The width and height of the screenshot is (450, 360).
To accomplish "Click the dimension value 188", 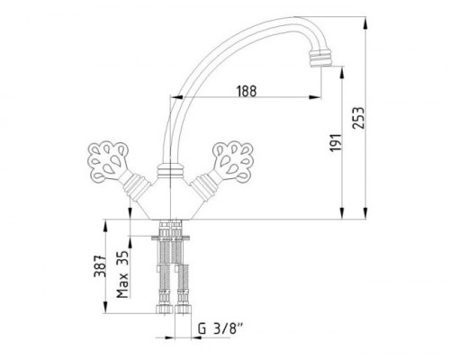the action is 247,91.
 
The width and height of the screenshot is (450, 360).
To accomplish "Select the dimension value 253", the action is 358,118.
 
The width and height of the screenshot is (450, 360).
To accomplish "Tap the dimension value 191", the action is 336,142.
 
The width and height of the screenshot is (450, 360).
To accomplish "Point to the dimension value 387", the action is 100,266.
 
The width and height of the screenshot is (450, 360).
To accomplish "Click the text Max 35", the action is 122,274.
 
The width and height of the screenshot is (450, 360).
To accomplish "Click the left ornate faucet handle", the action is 108,162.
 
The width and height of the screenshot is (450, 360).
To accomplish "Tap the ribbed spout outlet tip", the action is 319,58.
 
